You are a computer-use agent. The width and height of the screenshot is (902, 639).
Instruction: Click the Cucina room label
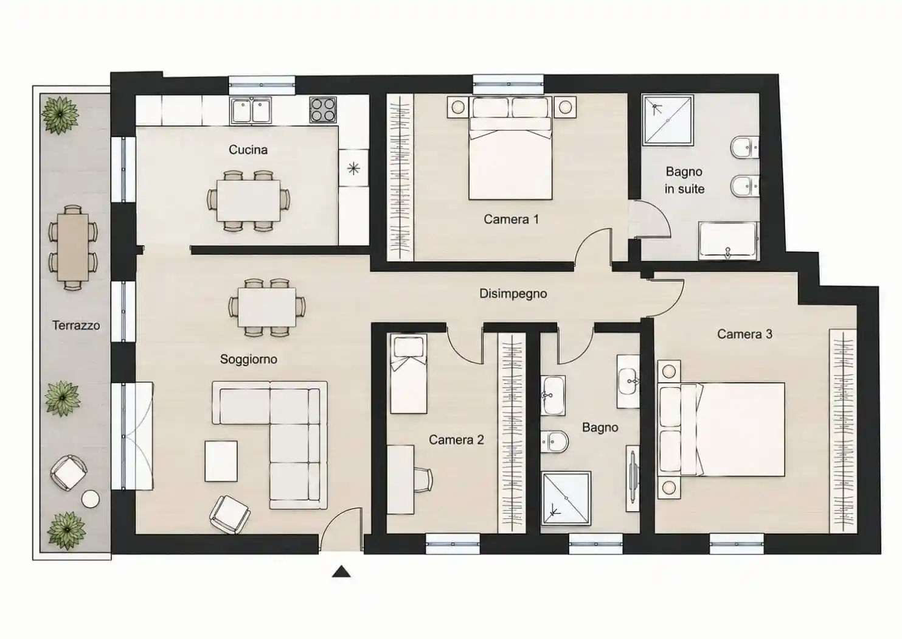click(x=248, y=150)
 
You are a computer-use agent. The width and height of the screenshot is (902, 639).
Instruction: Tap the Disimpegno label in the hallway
click(x=513, y=294)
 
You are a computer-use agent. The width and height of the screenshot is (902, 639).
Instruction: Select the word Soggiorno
click(x=248, y=360)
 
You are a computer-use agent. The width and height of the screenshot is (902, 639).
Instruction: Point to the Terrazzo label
click(x=76, y=325)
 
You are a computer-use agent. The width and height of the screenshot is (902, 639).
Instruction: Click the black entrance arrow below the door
click(x=341, y=571)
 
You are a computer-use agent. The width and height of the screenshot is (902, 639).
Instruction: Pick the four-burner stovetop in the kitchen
click(x=323, y=110)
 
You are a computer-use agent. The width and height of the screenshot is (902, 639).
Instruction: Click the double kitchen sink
click(x=251, y=111)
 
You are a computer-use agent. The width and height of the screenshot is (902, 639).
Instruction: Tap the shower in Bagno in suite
click(x=668, y=120)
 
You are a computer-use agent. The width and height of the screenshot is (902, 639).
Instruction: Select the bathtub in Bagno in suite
click(x=728, y=240)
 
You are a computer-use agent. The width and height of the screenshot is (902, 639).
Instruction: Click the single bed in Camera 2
click(x=409, y=374)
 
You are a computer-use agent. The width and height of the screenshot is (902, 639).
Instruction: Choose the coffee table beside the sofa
click(x=221, y=461)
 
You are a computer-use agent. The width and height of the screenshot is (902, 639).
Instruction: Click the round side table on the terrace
click(x=91, y=500)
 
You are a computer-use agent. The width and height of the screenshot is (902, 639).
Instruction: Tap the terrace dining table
click(x=73, y=247)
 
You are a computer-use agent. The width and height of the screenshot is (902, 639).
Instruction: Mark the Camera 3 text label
click(x=744, y=334)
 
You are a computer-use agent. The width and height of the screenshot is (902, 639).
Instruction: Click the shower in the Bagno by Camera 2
click(x=566, y=498)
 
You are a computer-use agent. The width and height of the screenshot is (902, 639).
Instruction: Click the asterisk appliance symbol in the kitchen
click(x=353, y=168)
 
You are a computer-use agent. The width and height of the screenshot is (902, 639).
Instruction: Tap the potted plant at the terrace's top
click(x=60, y=115)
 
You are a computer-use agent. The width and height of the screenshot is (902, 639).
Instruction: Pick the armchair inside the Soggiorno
click(x=230, y=514)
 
